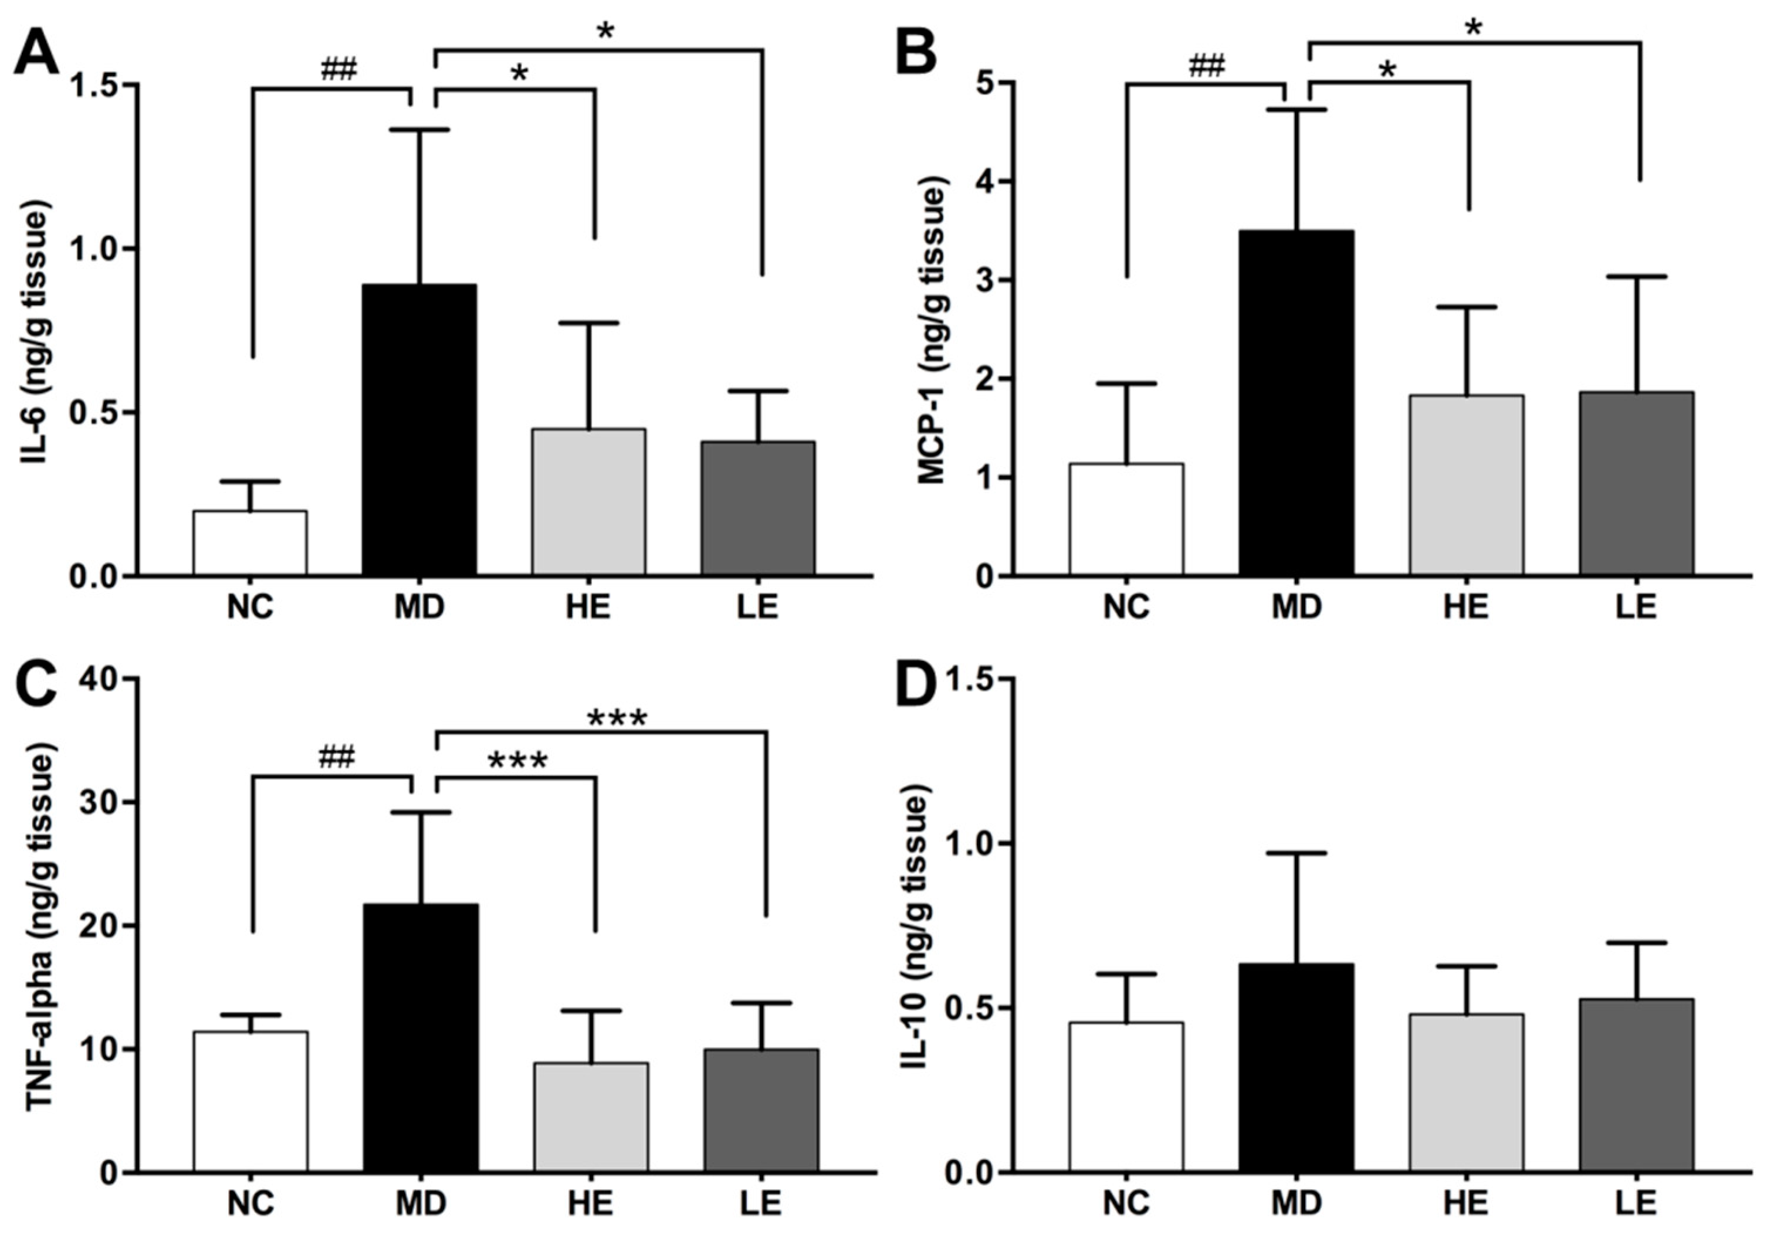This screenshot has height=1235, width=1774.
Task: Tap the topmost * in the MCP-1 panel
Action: [1474, 29]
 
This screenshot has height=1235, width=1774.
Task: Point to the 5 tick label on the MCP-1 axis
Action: [981, 83]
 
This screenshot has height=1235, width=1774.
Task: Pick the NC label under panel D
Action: [1126, 1203]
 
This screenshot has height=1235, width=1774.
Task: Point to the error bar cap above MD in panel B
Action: [1296, 110]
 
